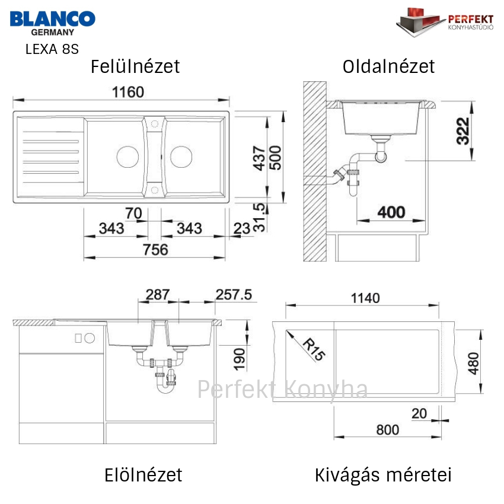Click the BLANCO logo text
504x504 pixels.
click(x=53, y=19)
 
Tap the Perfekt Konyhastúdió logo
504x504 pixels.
click(x=445, y=22)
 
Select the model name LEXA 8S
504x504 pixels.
click(x=52, y=49)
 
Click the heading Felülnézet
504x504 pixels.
click(x=135, y=66)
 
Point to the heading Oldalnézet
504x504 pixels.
click(x=388, y=66)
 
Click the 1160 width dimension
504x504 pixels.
click(x=128, y=92)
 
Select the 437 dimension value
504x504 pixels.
click(x=259, y=158)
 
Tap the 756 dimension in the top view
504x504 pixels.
click(x=155, y=250)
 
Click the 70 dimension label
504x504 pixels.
click(x=133, y=213)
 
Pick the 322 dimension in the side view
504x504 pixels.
click(x=463, y=131)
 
